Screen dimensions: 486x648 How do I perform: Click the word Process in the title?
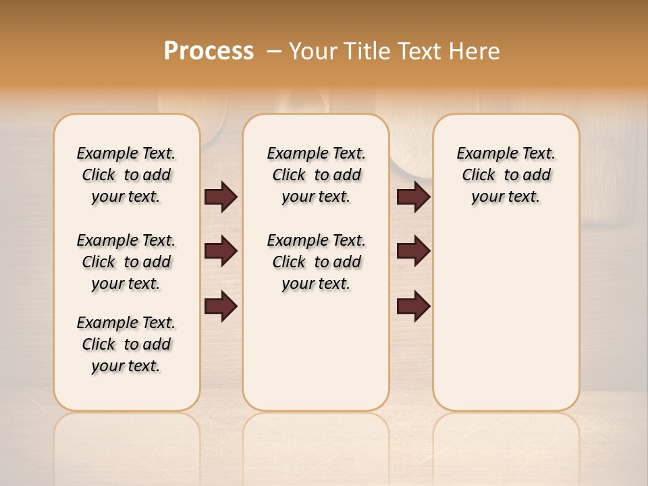209,51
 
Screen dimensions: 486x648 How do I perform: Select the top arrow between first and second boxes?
221,197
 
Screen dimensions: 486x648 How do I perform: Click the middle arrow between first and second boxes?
221,252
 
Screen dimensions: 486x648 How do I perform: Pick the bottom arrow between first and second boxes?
221,306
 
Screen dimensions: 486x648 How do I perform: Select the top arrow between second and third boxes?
413,197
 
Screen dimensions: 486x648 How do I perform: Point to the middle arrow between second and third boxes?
413,252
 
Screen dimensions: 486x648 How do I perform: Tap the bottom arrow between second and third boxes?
413,306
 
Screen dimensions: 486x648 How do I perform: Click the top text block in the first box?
126,175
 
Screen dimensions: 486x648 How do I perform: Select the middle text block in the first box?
126,262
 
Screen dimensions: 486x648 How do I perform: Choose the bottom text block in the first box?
126,344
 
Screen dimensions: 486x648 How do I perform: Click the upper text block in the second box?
316,175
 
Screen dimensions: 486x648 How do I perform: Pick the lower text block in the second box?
316,262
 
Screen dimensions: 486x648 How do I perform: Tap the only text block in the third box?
506,175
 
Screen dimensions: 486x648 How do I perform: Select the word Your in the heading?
313,51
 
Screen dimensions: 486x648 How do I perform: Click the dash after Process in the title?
274,51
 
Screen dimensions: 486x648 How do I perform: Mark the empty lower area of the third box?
506,317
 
